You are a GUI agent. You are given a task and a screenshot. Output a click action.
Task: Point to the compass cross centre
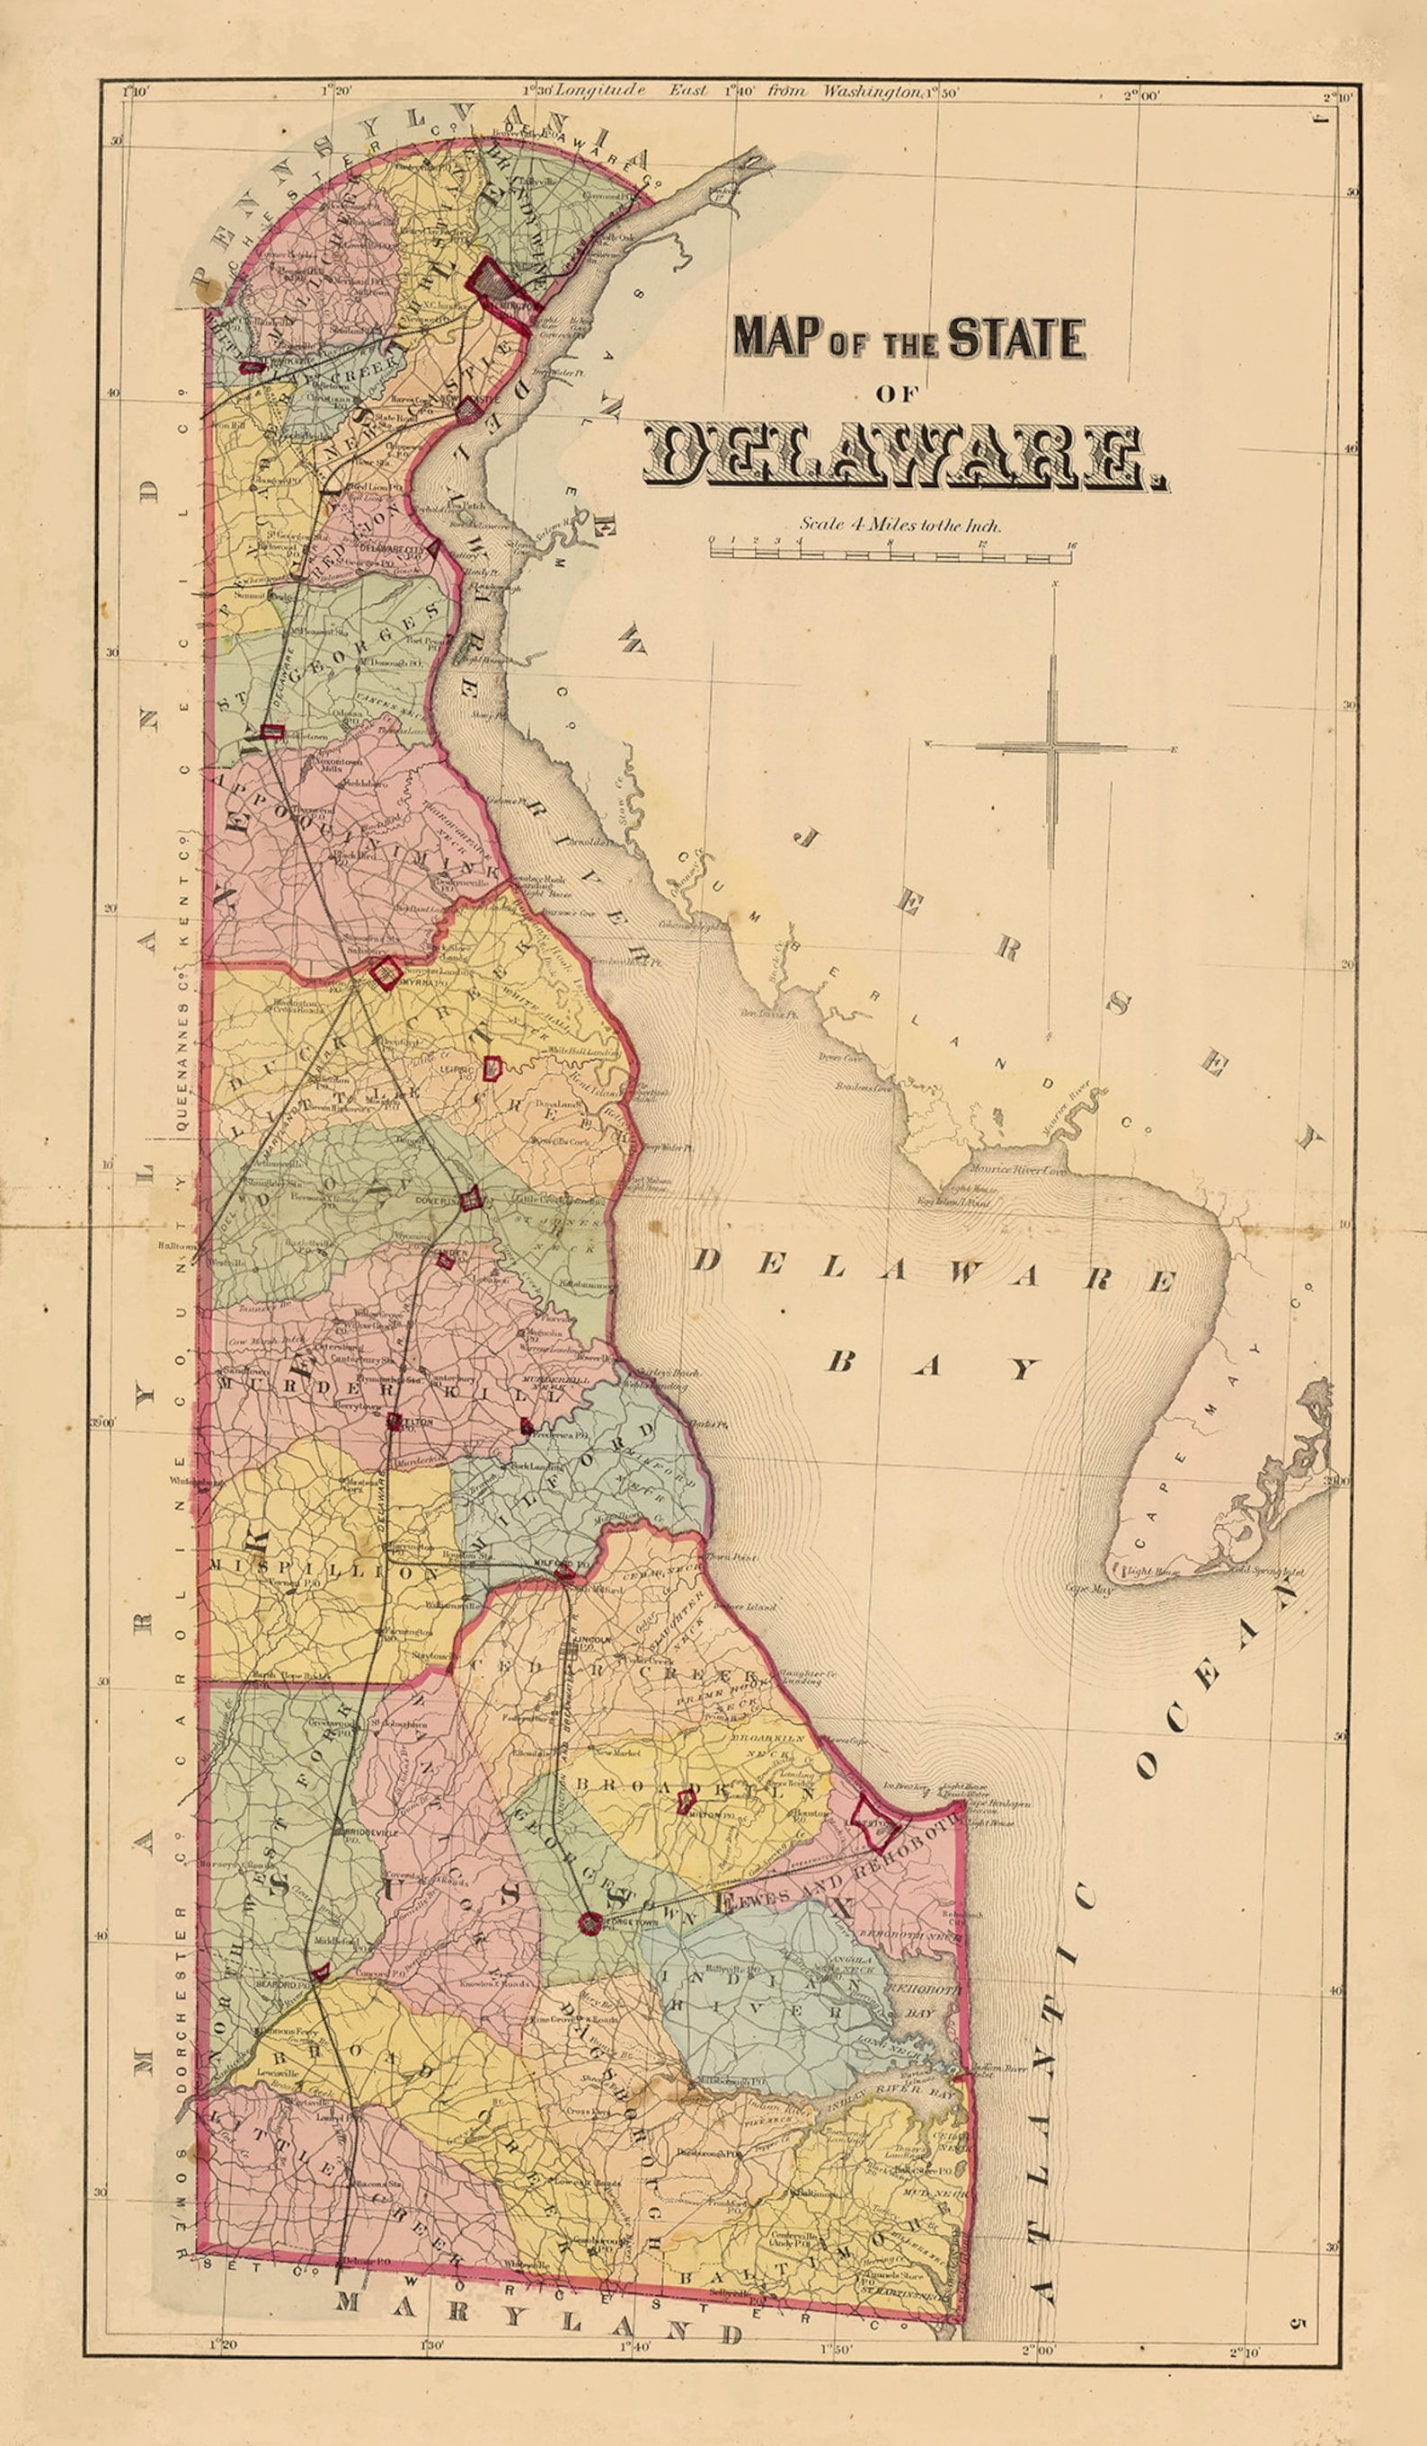coord(1052,748)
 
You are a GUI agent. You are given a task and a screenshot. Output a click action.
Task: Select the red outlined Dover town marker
coord(472,1199)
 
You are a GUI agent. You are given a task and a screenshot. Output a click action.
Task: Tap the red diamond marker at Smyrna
coord(386,972)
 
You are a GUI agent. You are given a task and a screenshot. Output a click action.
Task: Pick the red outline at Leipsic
coord(492,1068)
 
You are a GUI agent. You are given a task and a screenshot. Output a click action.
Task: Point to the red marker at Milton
coord(686,1802)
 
